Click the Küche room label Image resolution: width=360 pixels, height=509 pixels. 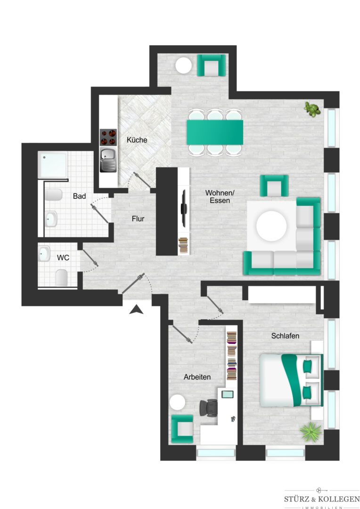tap(137, 140)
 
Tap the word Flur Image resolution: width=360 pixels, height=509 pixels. tap(138, 219)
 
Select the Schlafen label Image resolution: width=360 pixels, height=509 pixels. tap(286, 336)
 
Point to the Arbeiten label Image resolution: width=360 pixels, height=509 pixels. tap(197, 377)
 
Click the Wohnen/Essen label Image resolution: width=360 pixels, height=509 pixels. tap(220, 197)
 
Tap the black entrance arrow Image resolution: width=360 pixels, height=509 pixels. tap(136, 310)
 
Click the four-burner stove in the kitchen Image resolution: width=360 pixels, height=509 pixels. tap(108, 137)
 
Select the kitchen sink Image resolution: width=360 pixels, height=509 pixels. tap(108, 160)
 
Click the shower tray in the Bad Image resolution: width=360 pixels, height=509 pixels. tap(52, 164)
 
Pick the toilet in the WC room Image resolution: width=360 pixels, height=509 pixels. tap(61, 278)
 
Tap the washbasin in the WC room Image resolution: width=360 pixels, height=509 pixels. tap(44, 254)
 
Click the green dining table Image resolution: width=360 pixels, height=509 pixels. tap(215, 132)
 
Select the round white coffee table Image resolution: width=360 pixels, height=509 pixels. tap(271, 226)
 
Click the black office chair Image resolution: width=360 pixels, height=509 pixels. tap(208, 407)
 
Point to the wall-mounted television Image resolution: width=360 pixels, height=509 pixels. tap(183, 208)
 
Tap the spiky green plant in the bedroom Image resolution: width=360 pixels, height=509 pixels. tap(311, 431)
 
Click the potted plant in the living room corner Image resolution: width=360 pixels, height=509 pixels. tap(312, 109)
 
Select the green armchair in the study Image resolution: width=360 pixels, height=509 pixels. tap(182, 429)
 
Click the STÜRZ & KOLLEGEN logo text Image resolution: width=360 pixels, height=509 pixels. tap(322, 499)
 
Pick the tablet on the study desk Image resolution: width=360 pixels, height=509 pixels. tap(227, 394)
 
